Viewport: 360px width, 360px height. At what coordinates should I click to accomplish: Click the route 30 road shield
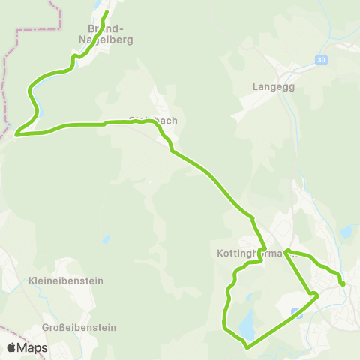(322, 60)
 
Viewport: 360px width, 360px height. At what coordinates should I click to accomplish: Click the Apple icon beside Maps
(12, 346)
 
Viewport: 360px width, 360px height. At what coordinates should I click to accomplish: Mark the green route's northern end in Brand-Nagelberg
(106, 12)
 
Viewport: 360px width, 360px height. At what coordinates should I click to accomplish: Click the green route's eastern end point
(343, 283)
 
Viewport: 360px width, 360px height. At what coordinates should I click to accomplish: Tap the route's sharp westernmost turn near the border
(16, 136)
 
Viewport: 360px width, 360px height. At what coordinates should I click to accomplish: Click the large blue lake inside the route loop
(245, 325)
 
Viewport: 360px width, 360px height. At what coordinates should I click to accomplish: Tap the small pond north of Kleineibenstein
(106, 239)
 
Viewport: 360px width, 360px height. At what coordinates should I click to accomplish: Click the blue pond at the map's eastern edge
(346, 232)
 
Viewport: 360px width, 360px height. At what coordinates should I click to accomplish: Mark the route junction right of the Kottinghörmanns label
(286, 253)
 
